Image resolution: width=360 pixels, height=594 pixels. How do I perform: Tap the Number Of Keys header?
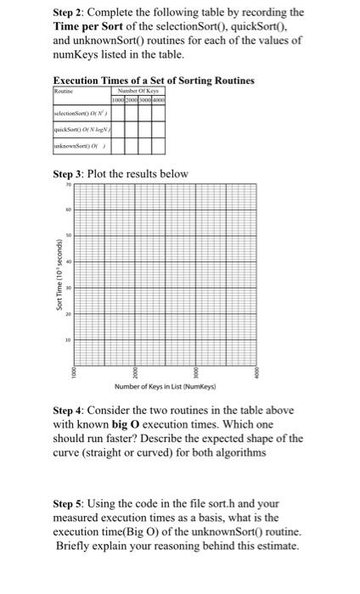pyautogui.click(x=143, y=89)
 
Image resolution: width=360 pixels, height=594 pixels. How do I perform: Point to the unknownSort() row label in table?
pyautogui.click(x=81, y=148)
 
